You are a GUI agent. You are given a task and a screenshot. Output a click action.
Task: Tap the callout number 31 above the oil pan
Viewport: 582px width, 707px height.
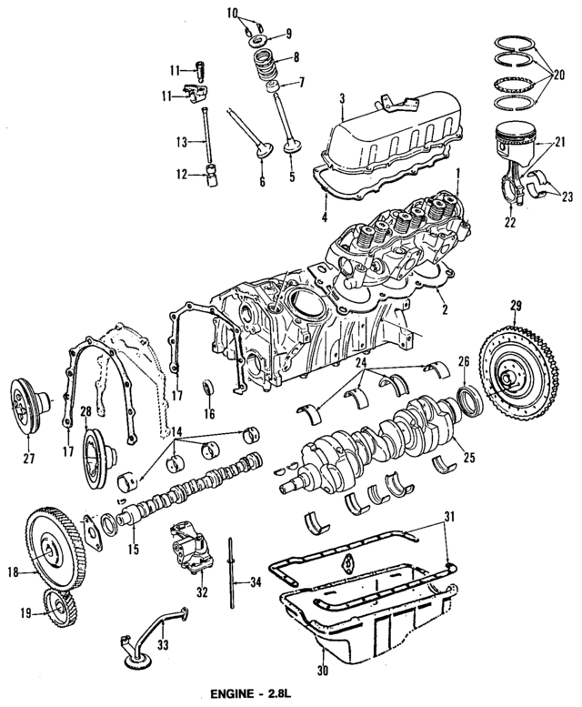[446, 518]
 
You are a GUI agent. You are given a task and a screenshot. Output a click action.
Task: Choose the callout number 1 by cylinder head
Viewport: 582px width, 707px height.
[459, 172]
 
